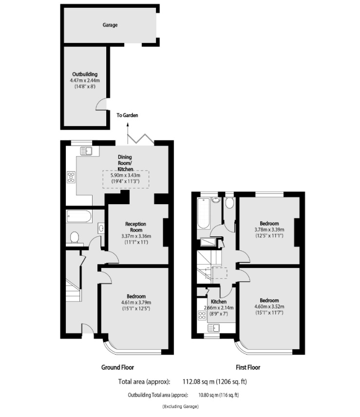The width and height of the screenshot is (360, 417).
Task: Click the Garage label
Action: pos(110,24)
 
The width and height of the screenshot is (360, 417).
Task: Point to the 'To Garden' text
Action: pos(127,115)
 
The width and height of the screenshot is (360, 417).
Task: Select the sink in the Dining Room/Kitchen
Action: pos(86,151)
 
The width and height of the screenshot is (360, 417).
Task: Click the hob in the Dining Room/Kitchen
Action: pos(71,177)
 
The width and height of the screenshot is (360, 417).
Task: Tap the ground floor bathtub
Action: pos(78,216)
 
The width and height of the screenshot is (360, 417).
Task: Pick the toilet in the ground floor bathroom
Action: pos(75,237)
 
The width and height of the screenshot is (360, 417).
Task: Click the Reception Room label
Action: pos(136,227)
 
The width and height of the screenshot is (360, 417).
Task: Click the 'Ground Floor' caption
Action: pos(117,367)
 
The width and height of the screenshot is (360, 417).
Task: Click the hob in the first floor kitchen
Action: pos(202,315)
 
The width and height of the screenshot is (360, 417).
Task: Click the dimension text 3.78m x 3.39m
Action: pos(269,229)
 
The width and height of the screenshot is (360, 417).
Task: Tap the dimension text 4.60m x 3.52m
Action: pos(269,306)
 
